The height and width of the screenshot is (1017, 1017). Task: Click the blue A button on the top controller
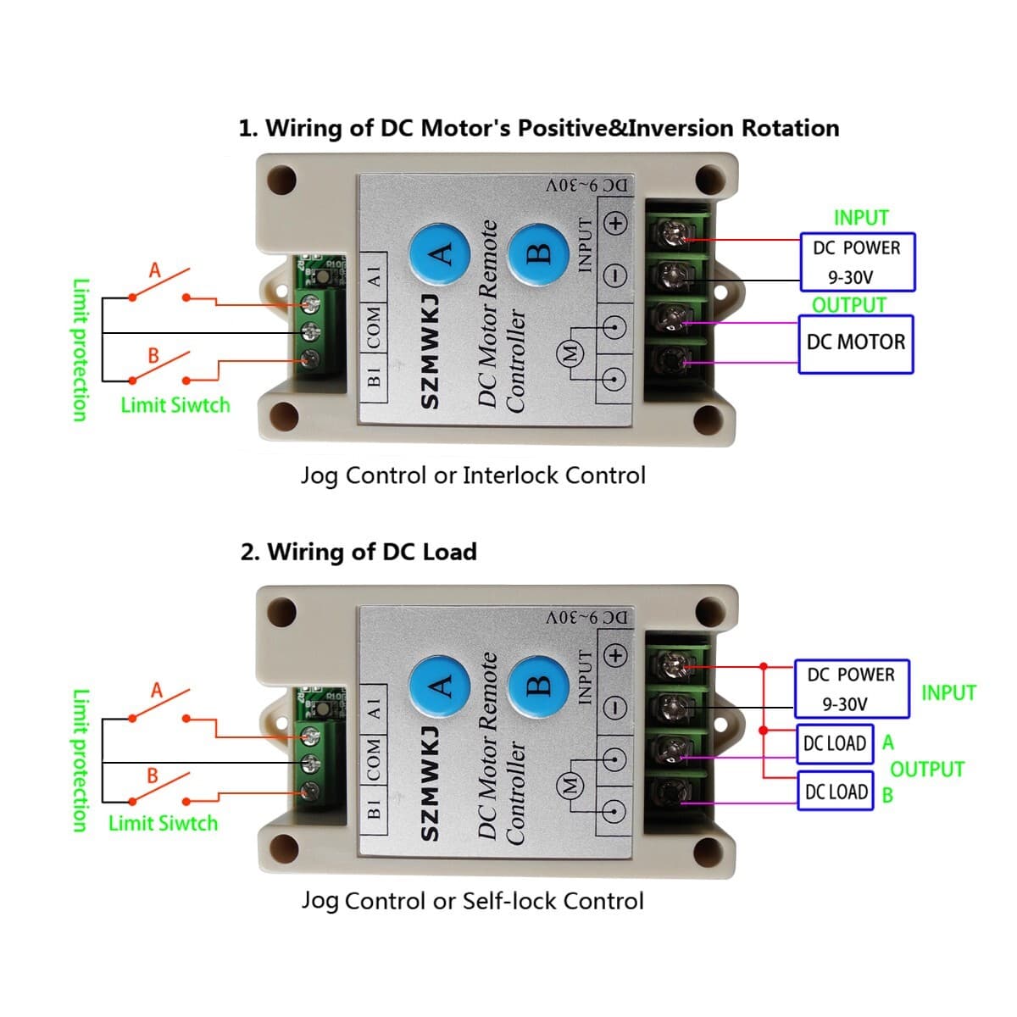click(x=440, y=253)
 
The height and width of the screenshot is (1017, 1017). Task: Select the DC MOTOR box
click(x=856, y=344)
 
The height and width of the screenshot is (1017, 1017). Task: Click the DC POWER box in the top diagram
click(x=857, y=262)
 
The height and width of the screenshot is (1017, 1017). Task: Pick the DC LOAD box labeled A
click(x=835, y=744)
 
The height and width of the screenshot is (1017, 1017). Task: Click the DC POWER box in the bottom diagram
click(x=851, y=689)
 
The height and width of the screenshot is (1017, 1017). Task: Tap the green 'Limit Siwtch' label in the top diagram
click(x=175, y=405)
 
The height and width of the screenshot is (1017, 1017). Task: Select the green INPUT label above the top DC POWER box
click(x=861, y=218)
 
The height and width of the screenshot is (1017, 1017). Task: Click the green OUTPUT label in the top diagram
click(x=848, y=305)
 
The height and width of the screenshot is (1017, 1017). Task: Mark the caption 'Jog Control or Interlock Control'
click(x=473, y=475)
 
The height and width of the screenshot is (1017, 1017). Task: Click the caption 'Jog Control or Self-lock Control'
click(x=472, y=901)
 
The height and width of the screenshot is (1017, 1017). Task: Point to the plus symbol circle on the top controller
click(x=615, y=224)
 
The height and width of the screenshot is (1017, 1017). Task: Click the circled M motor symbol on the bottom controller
click(x=570, y=785)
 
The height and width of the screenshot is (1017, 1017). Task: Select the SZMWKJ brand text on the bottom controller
click(x=431, y=784)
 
